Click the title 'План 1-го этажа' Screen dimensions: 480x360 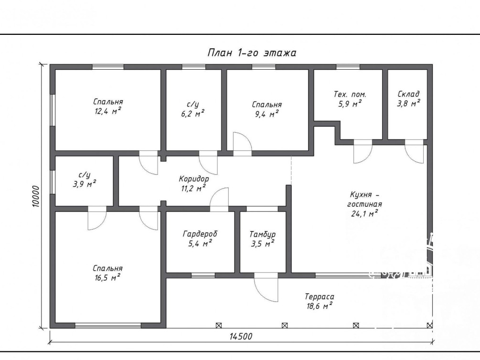pos(252,53)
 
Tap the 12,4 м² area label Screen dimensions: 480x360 pos(108,111)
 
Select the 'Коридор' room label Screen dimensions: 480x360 pos(194,179)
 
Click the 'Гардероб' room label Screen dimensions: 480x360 pos(200,234)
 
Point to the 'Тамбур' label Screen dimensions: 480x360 pos(262,234)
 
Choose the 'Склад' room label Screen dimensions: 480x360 pos(408,94)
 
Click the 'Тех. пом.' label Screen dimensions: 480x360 pos(350,94)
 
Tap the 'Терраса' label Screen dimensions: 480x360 pos(320,296)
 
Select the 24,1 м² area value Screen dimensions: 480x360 pos(364,213)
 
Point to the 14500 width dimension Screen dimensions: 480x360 pos(241,337)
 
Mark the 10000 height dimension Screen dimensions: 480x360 pos(36,196)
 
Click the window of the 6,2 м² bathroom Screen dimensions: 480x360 pos(194,67)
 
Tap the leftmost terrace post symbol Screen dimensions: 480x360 pos(219,326)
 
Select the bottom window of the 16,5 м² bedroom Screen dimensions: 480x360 pos(108,326)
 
